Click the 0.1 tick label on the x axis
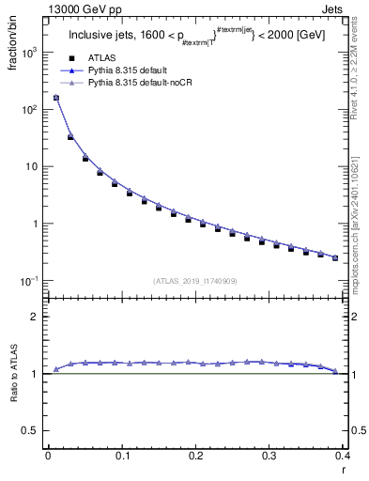coord(122,455)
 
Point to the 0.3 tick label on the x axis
coord(269,455)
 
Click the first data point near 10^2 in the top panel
coord(55,97)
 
